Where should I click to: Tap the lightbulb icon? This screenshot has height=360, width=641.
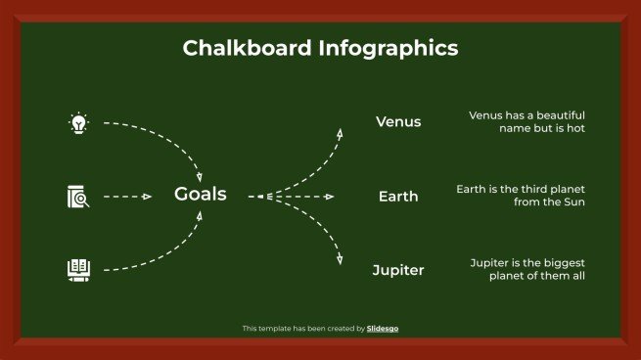coord(78,123)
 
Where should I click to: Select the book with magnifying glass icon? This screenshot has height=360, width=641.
coord(78,196)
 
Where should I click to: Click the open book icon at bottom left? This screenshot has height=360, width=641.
coord(78,268)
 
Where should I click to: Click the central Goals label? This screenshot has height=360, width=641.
coord(200,195)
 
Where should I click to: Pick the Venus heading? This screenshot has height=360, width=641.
coord(398,122)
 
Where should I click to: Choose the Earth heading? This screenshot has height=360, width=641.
coord(398,197)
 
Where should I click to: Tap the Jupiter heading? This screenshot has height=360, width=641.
coord(398,270)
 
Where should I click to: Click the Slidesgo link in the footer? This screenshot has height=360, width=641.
coord(383,329)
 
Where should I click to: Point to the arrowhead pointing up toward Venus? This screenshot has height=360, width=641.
coord(341,132)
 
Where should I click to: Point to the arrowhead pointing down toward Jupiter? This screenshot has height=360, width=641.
coord(341,260)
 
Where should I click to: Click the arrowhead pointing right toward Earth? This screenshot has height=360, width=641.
coord(330,197)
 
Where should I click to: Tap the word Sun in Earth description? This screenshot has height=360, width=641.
coord(573,202)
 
